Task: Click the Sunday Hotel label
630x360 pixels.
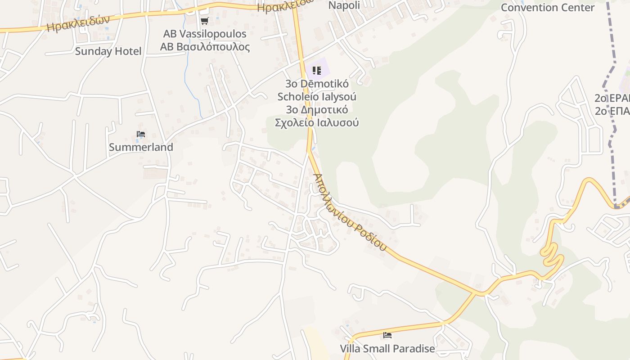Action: [x=108, y=51]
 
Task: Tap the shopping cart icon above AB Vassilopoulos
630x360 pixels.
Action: [x=205, y=21]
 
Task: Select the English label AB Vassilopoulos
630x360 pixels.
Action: [x=205, y=34]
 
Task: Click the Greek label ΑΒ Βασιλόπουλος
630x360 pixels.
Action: [x=205, y=47]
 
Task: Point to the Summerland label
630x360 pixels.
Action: [x=141, y=147]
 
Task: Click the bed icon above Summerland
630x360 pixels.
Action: [x=141, y=134]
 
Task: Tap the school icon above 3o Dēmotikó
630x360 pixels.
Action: [x=317, y=71]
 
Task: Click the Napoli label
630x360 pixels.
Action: [x=344, y=5]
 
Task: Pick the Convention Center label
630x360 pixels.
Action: [x=548, y=8]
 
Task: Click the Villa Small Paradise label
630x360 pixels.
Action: [x=387, y=349]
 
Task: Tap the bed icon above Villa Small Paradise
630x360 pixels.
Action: [x=387, y=335]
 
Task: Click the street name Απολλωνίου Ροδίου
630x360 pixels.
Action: [x=350, y=212]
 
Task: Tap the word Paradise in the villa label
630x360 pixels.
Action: [x=414, y=349]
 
